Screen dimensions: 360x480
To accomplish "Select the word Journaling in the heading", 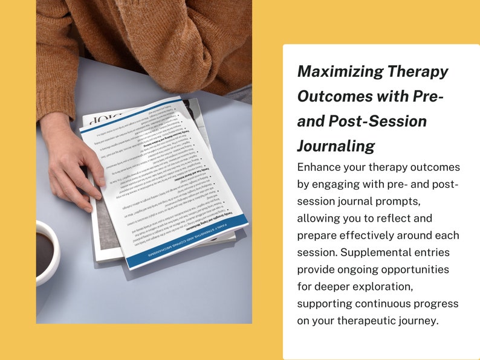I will pos(336,146).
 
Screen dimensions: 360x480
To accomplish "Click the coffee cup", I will pos(47,251).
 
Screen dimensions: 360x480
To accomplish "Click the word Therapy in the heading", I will pos(418,72).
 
